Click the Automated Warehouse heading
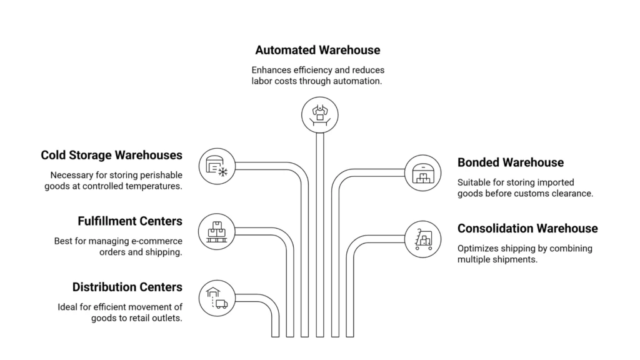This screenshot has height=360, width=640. [x=317, y=49]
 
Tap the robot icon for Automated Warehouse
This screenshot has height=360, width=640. [x=319, y=114]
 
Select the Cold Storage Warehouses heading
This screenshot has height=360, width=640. [x=111, y=155]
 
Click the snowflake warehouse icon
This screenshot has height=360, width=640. [x=217, y=166]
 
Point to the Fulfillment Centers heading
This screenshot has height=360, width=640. [x=130, y=221]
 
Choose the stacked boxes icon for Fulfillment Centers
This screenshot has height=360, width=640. [x=216, y=232]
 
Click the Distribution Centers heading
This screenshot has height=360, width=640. [x=127, y=287]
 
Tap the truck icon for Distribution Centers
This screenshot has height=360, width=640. [x=216, y=297]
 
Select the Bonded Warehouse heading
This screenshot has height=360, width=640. [x=511, y=162]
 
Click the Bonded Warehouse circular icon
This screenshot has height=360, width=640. [x=422, y=173]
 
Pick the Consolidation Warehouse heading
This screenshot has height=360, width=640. [x=527, y=229]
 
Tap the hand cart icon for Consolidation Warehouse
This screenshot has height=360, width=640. [x=422, y=239]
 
